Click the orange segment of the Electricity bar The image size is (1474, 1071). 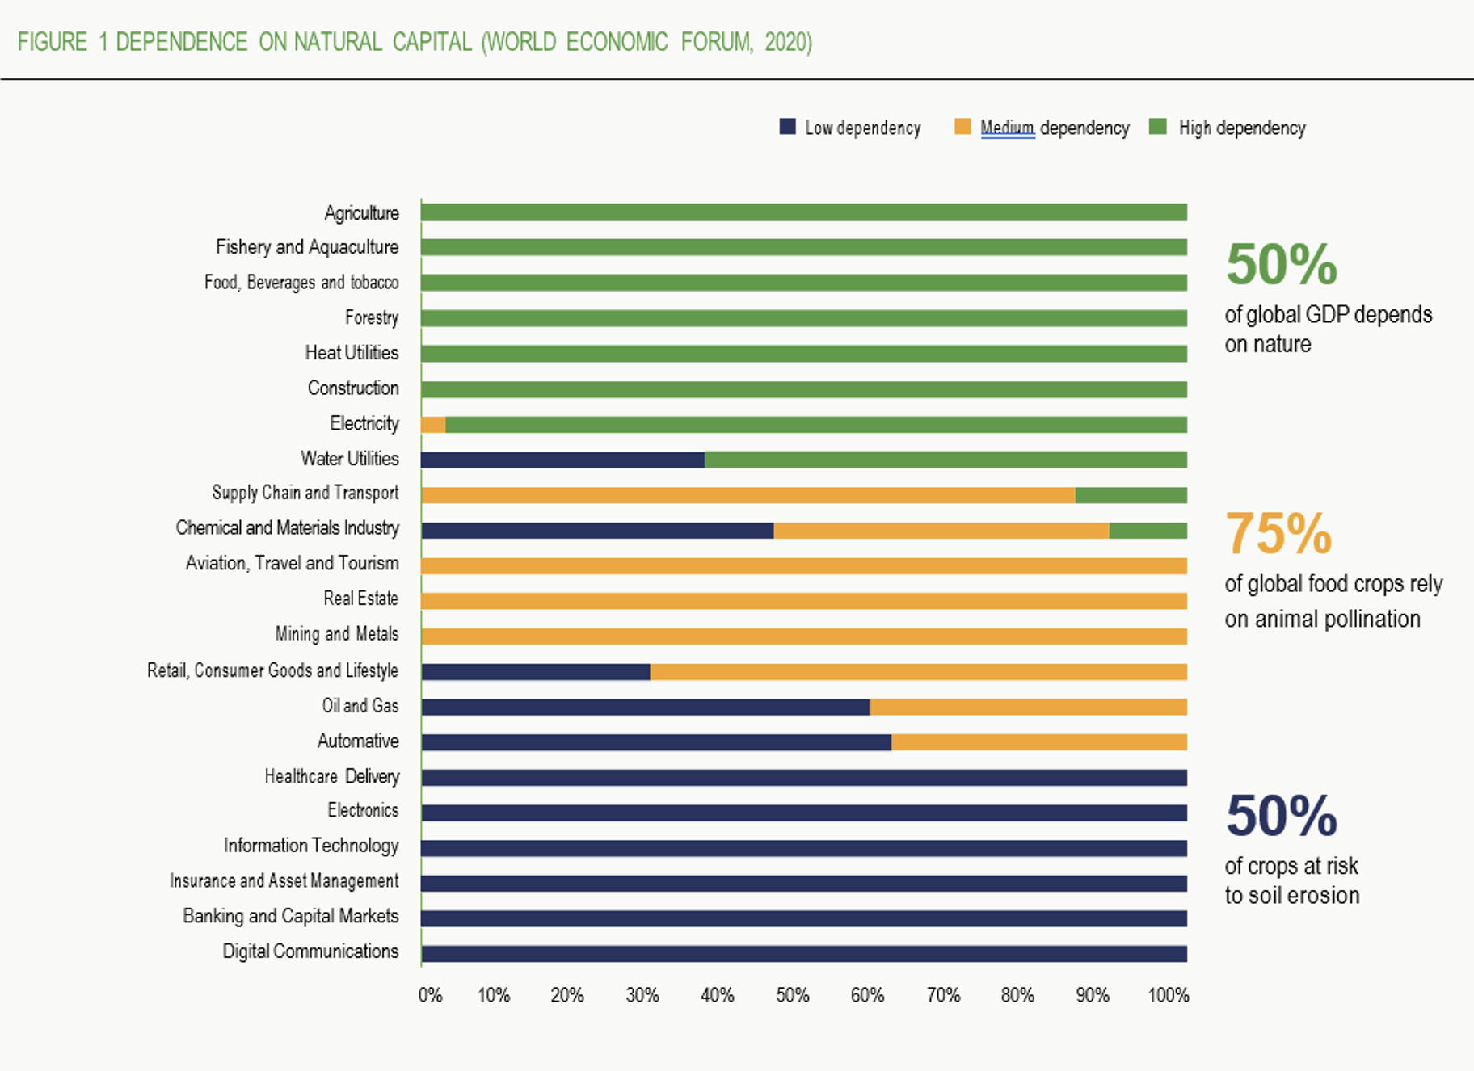tap(433, 425)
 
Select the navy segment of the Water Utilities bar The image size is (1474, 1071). tap(562, 460)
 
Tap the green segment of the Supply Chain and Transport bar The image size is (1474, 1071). tap(1131, 495)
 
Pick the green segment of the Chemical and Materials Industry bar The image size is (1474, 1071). tap(1148, 531)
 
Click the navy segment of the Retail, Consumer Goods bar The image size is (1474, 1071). tap(536, 672)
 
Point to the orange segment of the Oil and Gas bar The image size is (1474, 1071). tap(1028, 708)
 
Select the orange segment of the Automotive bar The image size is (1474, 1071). tap(1038, 742)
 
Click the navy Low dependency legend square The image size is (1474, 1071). tap(787, 127)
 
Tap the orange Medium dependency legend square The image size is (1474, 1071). tap(962, 127)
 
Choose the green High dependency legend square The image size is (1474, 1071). tap(1157, 127)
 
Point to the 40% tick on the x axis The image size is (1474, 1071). tap(717, 995)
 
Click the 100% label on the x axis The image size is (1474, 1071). tap(1168, 995)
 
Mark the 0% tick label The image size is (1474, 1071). tap(430, 995)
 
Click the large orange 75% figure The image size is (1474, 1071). tap(1278, 534)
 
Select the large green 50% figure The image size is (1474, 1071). tap(1281, 264)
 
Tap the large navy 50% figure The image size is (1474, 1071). tap(1281, 816)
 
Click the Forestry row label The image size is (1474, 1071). tap(372, 317)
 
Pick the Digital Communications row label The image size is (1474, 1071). tap(310, 951)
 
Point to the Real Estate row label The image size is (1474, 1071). tap(360, 598)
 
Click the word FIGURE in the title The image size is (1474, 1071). tap(53, 42)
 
